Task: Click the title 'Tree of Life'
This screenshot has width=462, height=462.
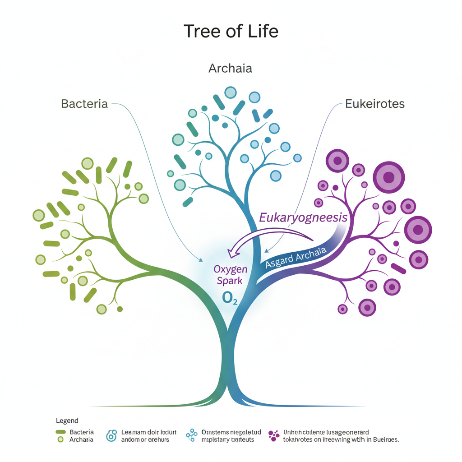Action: coord(231,32)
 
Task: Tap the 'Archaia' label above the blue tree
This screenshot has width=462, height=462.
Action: coord(230,69)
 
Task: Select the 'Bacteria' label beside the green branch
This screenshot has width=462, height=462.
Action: coord(84,104)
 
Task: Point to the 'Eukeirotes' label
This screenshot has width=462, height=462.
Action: coord(375,104)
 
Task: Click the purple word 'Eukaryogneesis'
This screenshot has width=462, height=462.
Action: coord(303,217)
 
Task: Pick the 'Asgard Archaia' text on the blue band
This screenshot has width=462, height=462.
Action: coord(296,258)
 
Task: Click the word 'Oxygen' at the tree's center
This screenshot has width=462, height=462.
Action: coord(230,269)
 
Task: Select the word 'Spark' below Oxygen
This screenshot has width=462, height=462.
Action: coord(230,281)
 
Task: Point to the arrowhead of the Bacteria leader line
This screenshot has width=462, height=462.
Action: coord(201,260)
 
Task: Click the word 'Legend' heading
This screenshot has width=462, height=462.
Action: coord(67,420)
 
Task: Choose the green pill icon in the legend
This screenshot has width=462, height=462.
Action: coord(61,432)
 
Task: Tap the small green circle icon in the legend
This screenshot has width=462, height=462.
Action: coord(61,439)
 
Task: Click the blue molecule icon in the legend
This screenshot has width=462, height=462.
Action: coord(192,435)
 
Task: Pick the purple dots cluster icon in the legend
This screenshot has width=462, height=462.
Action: coord(273,435)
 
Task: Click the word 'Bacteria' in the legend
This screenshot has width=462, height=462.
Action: coord(82,432)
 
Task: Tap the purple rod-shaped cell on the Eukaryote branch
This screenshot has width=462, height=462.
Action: coord(399,269)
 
